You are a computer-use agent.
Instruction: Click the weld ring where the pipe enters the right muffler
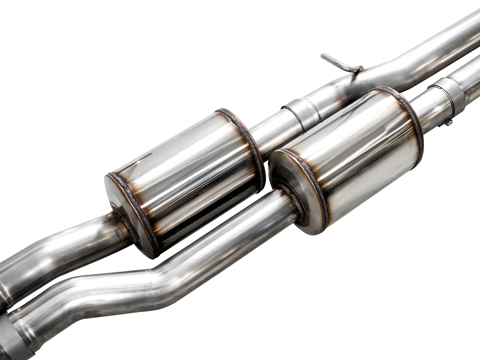pyautogui.click(x=290, y=205)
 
